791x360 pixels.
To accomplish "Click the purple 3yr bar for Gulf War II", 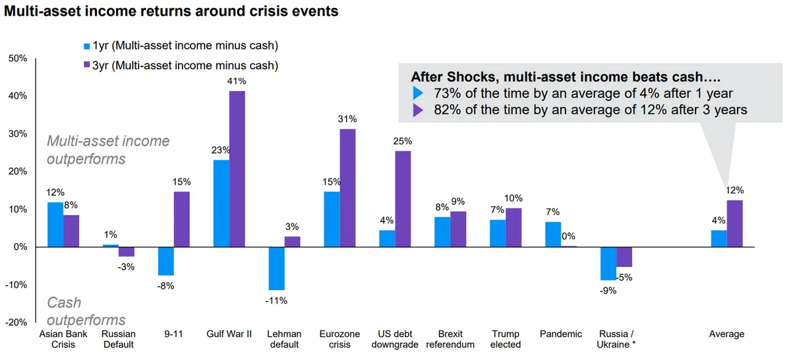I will click(x=237, y=169).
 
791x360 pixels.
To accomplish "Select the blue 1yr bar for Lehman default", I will click(x=277, y=268).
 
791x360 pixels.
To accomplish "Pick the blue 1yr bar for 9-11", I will click(x=166, y=261).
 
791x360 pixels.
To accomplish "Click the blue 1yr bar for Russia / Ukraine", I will click(x=608, y=264).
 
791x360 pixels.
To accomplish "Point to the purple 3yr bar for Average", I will click(x=735, y=224).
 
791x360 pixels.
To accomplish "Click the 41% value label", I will click(x=237, y=81).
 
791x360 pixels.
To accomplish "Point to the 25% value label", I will click(x=403, y=141).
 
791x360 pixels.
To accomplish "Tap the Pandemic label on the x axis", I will click(x=561, y=334).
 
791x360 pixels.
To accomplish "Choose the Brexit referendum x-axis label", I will click(x=450, y=339).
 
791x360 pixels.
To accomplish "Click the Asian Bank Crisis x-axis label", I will click(x=63, y=339).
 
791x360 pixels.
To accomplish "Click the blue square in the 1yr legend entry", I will click(x=87, y=46).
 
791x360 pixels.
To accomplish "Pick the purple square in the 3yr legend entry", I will click(x=87, y=65).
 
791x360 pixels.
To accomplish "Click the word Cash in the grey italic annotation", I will click(x=64, y=303).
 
